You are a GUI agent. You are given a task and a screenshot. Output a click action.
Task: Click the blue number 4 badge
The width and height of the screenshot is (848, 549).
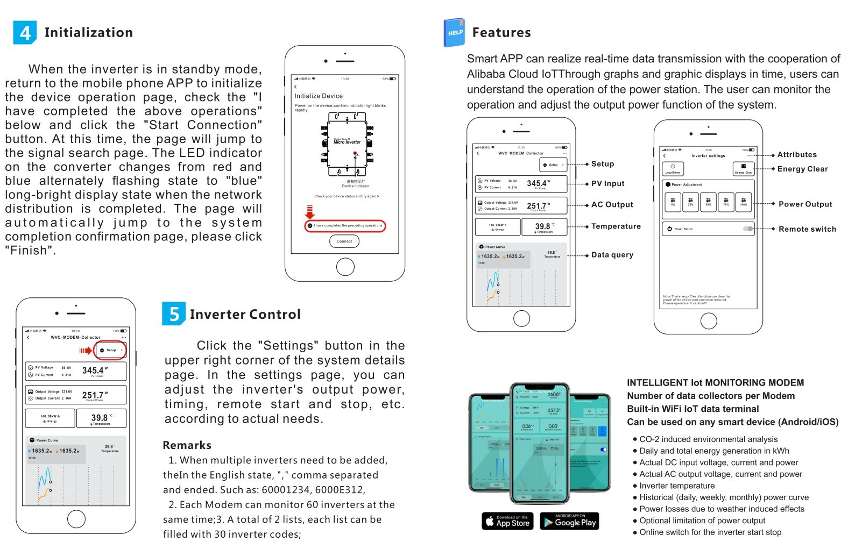tap(25, 33)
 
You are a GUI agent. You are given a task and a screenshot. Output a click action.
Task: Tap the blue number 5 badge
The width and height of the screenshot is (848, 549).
tap(174, 314)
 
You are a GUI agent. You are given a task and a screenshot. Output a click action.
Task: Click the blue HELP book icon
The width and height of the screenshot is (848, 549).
tap(454, 32)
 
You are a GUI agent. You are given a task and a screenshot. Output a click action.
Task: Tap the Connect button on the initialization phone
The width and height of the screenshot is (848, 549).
tap(344, 241)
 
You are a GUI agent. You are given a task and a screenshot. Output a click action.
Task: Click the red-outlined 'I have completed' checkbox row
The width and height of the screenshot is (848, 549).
tap(345, 226)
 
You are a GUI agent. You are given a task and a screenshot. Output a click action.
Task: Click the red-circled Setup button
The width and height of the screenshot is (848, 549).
tap(111, 350)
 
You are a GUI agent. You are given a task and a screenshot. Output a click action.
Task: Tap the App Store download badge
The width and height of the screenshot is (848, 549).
tap(507, 522)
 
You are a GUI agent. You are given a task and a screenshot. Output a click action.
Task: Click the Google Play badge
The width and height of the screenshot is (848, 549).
tap(569, 522)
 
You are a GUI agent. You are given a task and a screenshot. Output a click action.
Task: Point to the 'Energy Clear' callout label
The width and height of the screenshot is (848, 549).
tap(802, 169)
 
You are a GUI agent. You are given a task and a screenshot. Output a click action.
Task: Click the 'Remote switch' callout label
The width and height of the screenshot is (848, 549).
tap(807, 229)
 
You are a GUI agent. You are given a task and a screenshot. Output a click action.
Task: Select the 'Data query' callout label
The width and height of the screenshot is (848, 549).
tap(612, 255)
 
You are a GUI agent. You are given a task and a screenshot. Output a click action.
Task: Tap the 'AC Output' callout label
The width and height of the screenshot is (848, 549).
tap(612, 205)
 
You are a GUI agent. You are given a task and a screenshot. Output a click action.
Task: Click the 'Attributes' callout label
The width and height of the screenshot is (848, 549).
tap(797, 155)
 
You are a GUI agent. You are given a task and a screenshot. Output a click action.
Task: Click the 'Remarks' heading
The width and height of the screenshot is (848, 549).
tap(187, 445)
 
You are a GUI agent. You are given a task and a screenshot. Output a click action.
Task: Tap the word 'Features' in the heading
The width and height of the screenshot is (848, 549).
tap(501, 33)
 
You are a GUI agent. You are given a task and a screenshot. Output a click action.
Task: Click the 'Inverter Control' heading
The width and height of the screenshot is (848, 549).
tap(245, 315)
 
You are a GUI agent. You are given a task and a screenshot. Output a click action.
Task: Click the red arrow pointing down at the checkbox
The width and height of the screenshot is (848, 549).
tap(309, 211)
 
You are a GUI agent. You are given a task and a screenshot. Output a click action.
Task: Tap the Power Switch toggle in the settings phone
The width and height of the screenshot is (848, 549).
tap(748, 229)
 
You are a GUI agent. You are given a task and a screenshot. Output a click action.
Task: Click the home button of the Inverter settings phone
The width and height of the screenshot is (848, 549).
tap(709, 321)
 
